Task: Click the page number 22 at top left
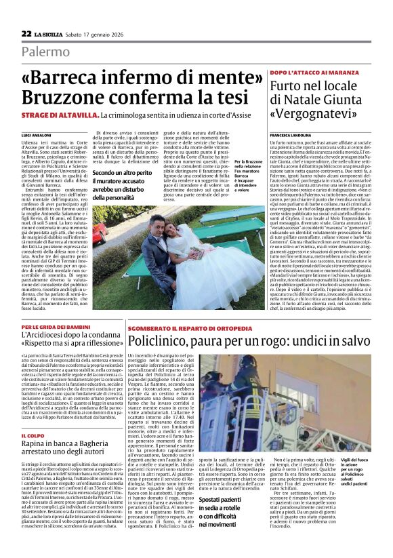(26, 33)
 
